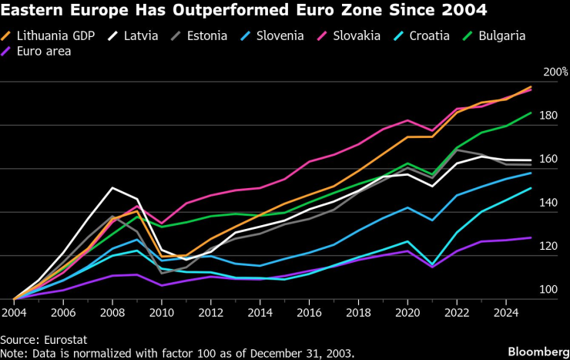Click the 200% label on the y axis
[555, 72]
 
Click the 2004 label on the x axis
[15, 314]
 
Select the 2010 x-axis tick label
[162, 314]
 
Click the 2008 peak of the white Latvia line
[113, 188]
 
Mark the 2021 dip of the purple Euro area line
[432, 267]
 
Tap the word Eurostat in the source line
[65, 339]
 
